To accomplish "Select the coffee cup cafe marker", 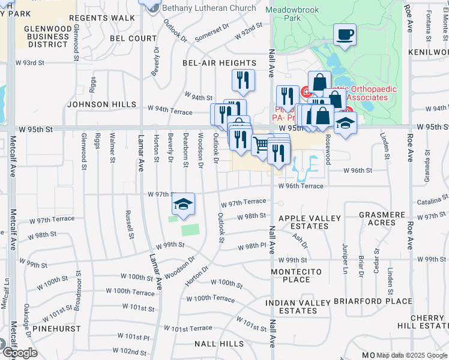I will click(x=345, y=35).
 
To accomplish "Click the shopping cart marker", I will click(x=261, y=144).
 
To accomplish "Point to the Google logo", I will click(x=19, y=353).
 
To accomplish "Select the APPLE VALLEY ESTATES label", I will click(x=310, y=222).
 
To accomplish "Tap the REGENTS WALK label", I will click(x=101, y=18).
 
